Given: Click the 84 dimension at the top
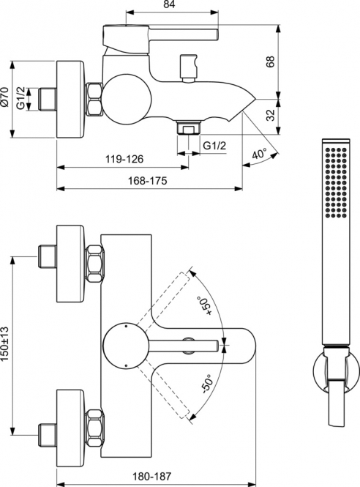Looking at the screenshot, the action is pos(169,4).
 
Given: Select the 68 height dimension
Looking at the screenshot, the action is pos(270,62).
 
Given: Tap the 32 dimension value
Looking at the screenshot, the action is pos(270,115).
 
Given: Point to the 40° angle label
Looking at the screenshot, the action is pos(260,154).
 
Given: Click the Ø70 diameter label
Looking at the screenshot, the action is pos(4,97).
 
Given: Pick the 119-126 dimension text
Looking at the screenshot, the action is pos(124,159).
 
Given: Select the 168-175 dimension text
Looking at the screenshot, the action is pos(148,180).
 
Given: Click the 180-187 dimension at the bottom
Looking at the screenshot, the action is pos(151,476).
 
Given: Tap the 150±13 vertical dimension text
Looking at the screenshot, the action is pos(4,343).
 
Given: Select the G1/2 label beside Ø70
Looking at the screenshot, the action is pos(20,98).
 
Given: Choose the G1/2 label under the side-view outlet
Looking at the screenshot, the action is pos(214,146).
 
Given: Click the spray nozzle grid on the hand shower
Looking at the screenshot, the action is pos(335,182).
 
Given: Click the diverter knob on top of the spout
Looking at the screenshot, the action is pos(189,67).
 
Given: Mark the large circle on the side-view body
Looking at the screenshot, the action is pos(127,99).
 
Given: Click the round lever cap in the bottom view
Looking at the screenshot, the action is pos(126,345).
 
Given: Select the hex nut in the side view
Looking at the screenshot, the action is pos(94,100).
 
